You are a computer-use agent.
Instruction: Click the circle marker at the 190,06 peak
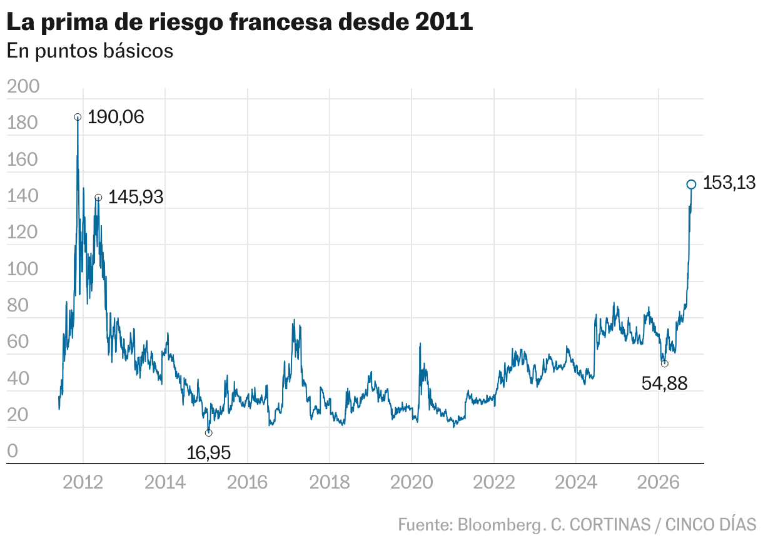tap(78, 117)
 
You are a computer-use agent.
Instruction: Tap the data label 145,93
tap(136, 197)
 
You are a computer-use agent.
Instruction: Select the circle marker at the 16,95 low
tap(208, 433)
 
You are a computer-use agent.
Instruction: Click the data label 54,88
tap(664, 383)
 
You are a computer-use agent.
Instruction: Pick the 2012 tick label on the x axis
tap(83, 482)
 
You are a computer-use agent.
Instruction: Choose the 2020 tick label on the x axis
tap(412, 482)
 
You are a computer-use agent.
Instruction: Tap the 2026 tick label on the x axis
tap(659, 482)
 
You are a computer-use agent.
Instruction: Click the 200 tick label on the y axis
tap(23, 86)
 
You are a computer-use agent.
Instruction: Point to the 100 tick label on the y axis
tap(23, 269)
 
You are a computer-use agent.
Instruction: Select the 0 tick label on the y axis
tap(13, 450)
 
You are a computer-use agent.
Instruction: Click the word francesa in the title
tap(281, 22)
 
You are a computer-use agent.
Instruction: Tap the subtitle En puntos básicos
tap(90, 51)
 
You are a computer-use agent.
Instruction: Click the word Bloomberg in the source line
tap(498, 525)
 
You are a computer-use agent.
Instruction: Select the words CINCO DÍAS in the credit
tap(710, 524)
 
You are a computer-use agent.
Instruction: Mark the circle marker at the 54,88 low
tap(664, 363)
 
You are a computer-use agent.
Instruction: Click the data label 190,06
tap(116, 117)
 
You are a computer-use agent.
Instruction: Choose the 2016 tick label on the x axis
tap(247, 482)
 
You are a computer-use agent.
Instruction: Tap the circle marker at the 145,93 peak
tap(98, 198)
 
